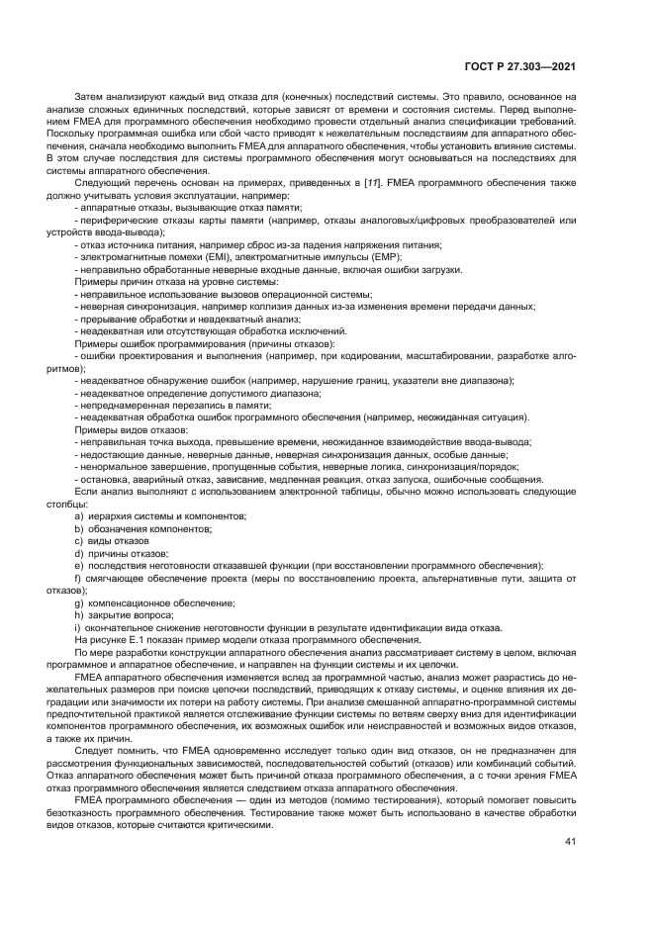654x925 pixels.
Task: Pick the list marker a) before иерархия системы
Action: point(79,516)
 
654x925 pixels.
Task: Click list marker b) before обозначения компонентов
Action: point(79,528)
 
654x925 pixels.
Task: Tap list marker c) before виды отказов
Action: point(79,541)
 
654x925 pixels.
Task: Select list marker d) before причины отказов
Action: point(79,553)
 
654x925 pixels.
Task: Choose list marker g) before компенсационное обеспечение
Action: point(79,602)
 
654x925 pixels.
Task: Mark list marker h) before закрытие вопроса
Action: point(79,615)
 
